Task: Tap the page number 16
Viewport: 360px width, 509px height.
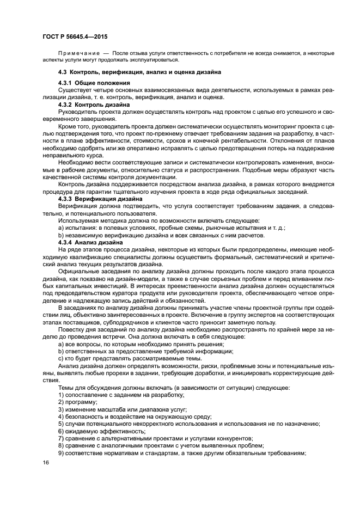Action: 46,462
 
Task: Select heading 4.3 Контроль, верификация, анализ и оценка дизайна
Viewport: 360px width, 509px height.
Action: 132,72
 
